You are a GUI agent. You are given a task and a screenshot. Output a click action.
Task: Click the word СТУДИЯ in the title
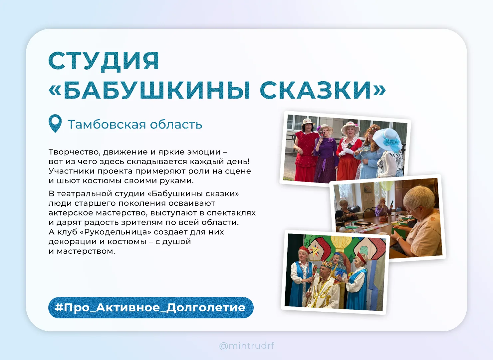[x=104, y=61]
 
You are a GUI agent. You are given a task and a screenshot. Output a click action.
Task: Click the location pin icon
[x=55, y=123]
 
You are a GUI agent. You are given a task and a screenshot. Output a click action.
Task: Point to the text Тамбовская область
[x=135, y=124]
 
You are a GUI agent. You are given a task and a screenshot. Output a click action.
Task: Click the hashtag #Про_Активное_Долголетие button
[x=151, y=307]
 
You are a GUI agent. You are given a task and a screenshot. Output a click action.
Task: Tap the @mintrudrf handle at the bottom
[x=246, y=345]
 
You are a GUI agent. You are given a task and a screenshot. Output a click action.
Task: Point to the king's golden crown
[x=327, y=264]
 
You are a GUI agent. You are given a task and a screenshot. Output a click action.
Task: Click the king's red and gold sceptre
[x=311, y=284]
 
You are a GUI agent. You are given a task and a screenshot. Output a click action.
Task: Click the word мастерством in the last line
[x=86, y=251]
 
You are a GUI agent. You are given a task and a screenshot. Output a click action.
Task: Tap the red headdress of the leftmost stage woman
[x=305, y=249]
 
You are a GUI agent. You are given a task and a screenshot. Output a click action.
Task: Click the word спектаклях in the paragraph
[x=231, y=213]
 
